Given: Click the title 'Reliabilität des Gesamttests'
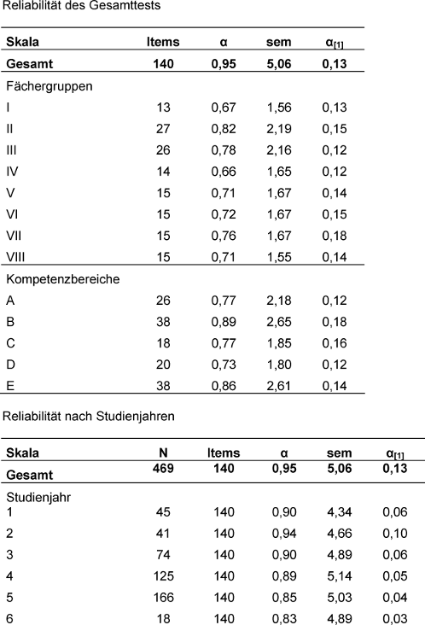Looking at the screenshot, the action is pyautogui.click(x=82, y=6).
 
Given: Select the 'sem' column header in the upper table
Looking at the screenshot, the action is pyautogui.click(x=279, y=42).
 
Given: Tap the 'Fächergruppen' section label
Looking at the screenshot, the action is pyautogui.click(x=49, y=86).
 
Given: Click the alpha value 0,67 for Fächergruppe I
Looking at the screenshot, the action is pyautogui.click(x=224, y=108).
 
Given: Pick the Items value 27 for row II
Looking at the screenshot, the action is pyautogui.click(x=163, y=129).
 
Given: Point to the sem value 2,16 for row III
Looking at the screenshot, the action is pyautogui.click(x=279, y=150).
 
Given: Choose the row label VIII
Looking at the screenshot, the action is pyautogui.click(x=15, y=257).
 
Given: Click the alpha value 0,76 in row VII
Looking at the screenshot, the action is pyautogui.click(x=224, y=236).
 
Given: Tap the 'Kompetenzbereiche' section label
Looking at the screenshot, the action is pyautogui.click(x=63, y=279).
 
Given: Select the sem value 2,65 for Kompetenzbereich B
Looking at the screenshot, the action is pyautogui.click(x=279, y=322).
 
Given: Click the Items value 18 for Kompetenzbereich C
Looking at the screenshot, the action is pyautogui.click(x=163, y=343).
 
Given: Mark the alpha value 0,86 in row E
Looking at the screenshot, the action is pyautogui.click(x=224, y=386).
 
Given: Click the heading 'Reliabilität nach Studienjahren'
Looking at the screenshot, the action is pyautogui.click(x=89, y=416).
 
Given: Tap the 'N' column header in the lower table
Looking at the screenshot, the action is pyautogui.click(x=163, y=453).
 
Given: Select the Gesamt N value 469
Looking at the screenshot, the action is pyautogui.click(x=163, y=468).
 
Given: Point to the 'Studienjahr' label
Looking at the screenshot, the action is pyautogui.click(x=38, y=498).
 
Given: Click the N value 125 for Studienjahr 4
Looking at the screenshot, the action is pyautogui.click(x=163, y=576).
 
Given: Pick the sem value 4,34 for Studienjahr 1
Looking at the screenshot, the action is pyautogui.click(x=340, y=511).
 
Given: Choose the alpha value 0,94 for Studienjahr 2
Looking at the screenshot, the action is pyautogui.click(x=284, y=534).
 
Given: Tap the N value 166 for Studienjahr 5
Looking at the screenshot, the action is pyautogui.click(x=163, y=598).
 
